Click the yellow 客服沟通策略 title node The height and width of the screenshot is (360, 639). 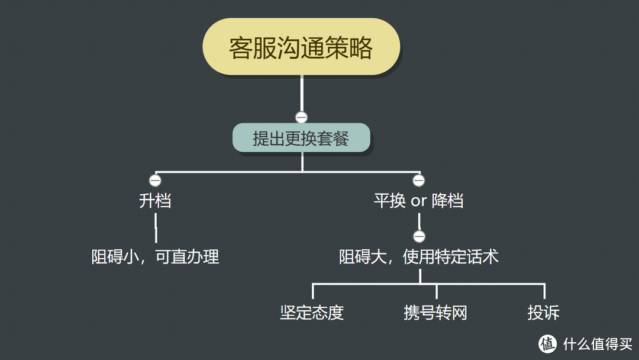[301, 47]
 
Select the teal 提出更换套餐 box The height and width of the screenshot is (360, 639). [301, 138]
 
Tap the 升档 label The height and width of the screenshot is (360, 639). [155, 201]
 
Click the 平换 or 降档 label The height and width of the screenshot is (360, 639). [418, 201]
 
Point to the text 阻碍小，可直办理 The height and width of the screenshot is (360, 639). [155, 257]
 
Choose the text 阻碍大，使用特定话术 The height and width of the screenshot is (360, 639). [418, 257]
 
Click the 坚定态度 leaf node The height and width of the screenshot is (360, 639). [312, 313]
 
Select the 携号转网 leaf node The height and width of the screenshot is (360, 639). [435, 313]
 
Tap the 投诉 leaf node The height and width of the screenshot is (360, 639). [543, 313]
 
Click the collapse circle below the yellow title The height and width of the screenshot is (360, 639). [302, 117]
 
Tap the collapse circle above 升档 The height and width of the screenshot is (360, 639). [155, 180]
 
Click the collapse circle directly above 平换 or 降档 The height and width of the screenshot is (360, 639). [419, 180]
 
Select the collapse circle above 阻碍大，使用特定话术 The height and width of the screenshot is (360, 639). [419, 237]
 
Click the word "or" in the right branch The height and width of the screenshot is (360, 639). [418, 201]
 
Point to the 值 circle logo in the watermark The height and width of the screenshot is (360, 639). [548, 343]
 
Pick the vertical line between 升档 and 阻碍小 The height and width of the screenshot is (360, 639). [156, 228]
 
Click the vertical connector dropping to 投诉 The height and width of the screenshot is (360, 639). [544, 292]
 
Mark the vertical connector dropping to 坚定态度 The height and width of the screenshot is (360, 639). [313, 292]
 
